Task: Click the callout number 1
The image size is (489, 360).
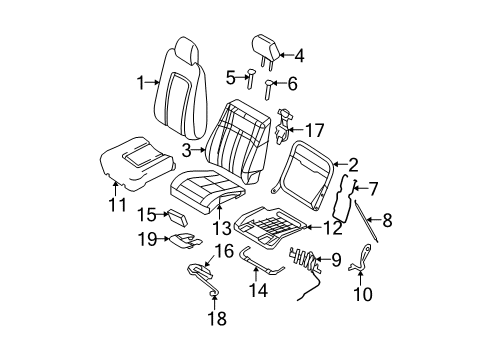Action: (141, 82)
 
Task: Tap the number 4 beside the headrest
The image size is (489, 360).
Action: (299, 56)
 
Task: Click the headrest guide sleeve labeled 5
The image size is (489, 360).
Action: (250, 79)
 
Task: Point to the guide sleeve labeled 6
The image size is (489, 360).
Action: (269, 89)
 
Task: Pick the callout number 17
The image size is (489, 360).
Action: (314, 130)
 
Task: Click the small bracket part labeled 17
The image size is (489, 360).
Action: (283, 126)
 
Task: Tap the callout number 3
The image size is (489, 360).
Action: (187, 150)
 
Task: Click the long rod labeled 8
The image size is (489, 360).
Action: (366, 221)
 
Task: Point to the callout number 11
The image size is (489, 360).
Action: (118, 204)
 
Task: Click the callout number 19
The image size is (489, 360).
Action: (147, 239)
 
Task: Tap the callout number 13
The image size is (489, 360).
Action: (222, 228)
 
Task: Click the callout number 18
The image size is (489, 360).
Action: (217, 318)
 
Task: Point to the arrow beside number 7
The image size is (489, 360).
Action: (360, 189)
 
